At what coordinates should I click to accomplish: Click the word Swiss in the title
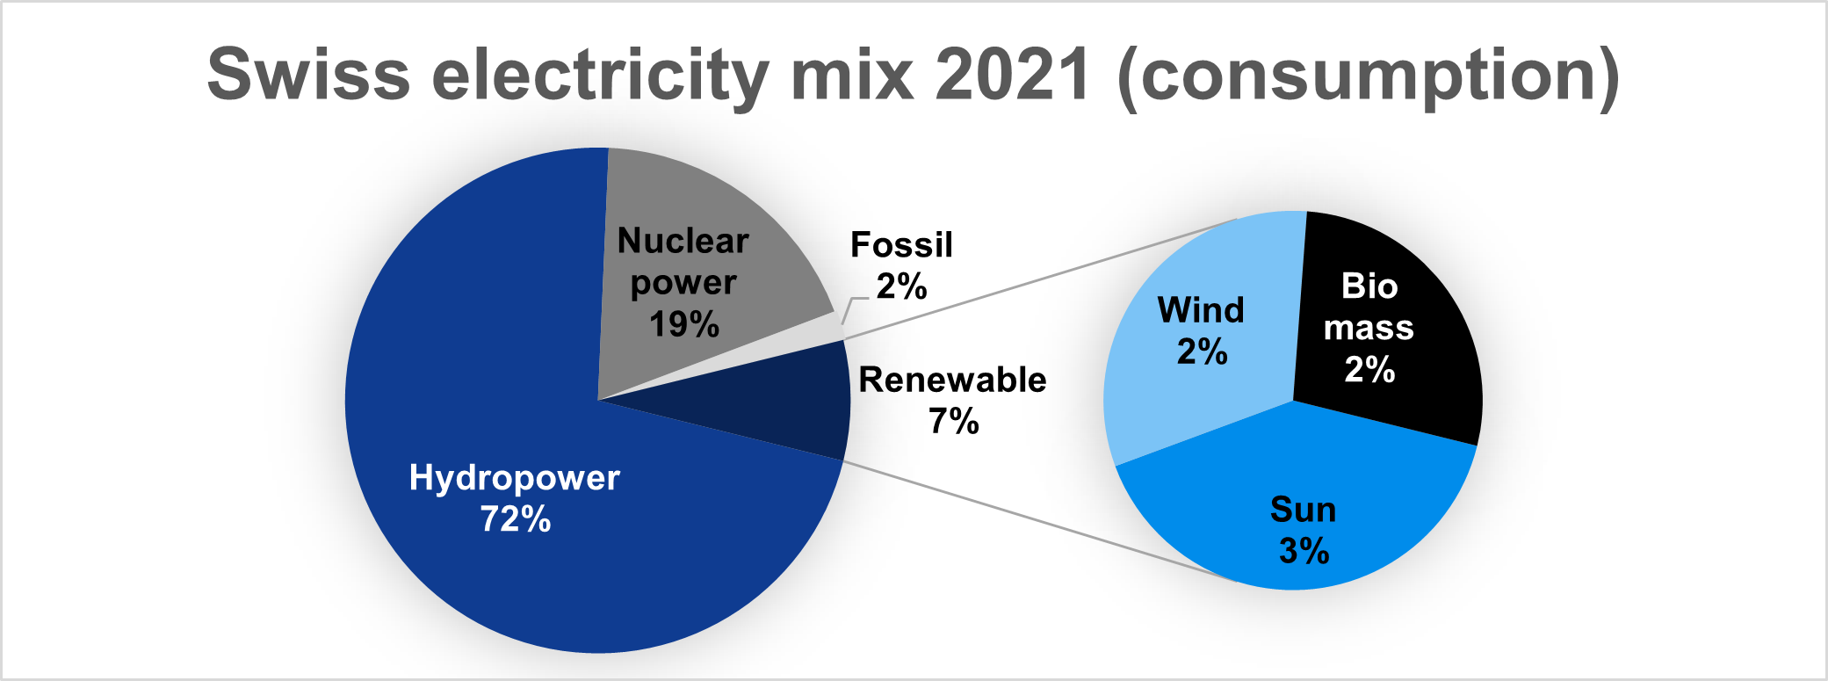308,75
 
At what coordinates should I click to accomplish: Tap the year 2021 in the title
1014,75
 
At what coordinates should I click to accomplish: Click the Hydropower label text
515,478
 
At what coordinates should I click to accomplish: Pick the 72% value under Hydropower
516,519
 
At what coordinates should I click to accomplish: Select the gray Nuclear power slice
694,264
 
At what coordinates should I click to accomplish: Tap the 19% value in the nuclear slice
684,324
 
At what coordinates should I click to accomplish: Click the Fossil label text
901,245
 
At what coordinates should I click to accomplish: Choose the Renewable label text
953,380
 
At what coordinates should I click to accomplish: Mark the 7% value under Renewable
954,421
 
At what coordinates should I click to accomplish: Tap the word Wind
1201,310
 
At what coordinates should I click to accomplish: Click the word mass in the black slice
1369,328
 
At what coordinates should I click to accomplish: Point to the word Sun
1304,510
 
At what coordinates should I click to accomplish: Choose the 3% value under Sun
1304,551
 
